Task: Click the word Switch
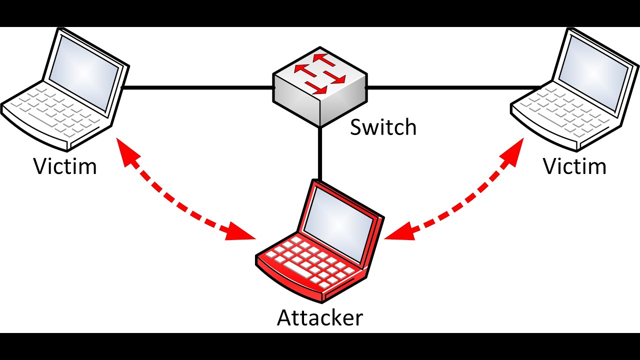pos(382,127)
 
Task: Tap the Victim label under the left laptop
pos(65,166)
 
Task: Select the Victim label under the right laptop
pos(575,166)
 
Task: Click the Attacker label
pos(320,317)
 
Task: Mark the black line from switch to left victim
pos(197,87)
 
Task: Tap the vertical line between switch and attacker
pos(318,152)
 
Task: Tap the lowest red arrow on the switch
pos(317,89)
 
